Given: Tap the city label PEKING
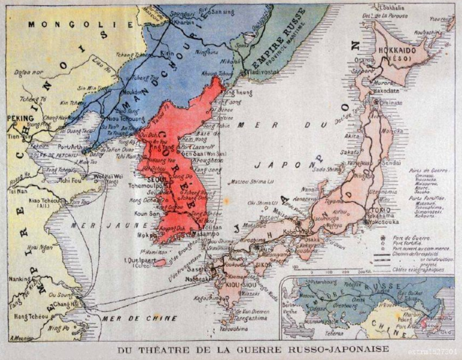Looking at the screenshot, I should coord(18,117).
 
